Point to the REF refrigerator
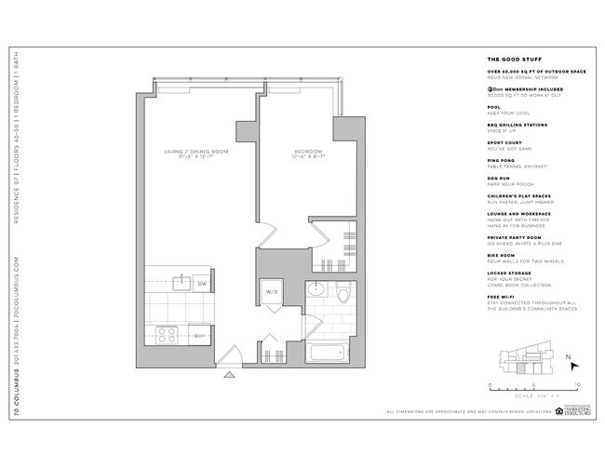(x=198, y=334)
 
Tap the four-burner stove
(x=168, y=333)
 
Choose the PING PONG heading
(x=501, y=160)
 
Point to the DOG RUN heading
(x=499, y=178)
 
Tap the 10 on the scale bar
(x=577, y=383)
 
